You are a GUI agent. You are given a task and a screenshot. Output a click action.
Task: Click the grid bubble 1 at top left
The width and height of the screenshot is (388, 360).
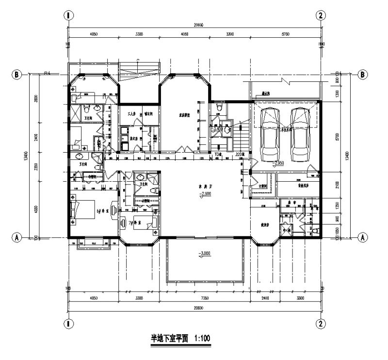pos(69,16)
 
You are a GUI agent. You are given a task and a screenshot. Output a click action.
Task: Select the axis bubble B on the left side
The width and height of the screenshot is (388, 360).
pos(17,75)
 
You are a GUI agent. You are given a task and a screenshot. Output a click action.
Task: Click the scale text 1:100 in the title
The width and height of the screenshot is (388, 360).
pos(201,339)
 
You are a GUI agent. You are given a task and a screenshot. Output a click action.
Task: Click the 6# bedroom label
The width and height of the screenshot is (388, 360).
pos(102,212)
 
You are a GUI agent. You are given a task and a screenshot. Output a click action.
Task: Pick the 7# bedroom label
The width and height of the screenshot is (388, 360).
pos(134,222)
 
